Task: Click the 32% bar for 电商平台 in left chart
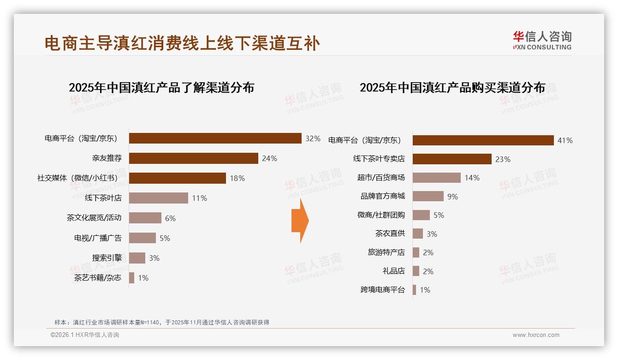215,138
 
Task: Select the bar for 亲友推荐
193,158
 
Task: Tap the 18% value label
237,178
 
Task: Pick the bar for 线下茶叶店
158,198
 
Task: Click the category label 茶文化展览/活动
94,218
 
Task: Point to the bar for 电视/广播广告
142,238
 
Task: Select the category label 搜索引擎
107,258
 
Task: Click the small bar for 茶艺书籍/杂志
132,277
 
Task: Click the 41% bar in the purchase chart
483,140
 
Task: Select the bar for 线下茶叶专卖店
452,159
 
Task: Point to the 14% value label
472,178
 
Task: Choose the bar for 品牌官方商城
428,196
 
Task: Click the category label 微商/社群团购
381,215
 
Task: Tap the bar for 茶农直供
418,234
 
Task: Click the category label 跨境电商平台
382,290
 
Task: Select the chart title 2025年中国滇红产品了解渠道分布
161,88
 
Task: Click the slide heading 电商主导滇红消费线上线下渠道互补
182,43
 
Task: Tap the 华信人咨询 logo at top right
542,40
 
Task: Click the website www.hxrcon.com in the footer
536,335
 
